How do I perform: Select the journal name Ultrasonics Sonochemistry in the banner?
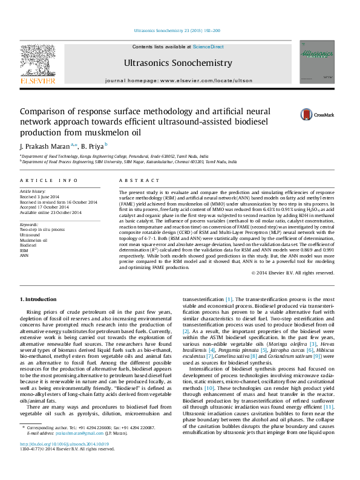click(177, 63)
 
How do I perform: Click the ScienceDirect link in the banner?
click(208, 47)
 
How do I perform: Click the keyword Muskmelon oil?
click(33, 239)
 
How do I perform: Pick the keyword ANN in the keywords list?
click(24, 255)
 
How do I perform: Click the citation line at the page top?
click(177, 31)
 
